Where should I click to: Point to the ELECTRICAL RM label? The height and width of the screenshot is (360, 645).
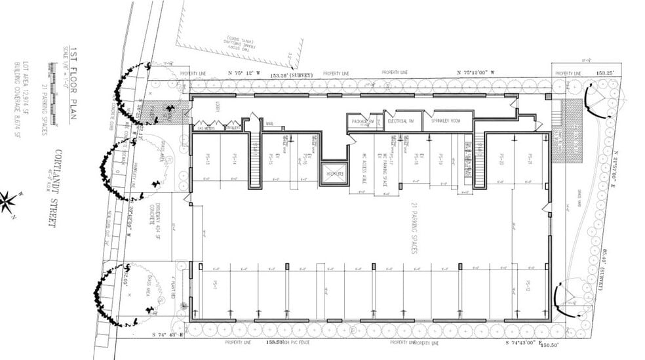pyautogui.click(x=402, y=121)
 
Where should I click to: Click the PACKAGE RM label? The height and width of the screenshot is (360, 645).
pyautogui.click(x=362, y=121)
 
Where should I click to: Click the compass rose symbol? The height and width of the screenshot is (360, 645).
pyautogui.click(x=9, y=201)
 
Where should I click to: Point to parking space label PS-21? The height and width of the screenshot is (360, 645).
pyautogui.click(x=529, y=158)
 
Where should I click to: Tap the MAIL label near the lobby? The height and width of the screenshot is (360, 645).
pyautogui.click(x=269, y=121)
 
